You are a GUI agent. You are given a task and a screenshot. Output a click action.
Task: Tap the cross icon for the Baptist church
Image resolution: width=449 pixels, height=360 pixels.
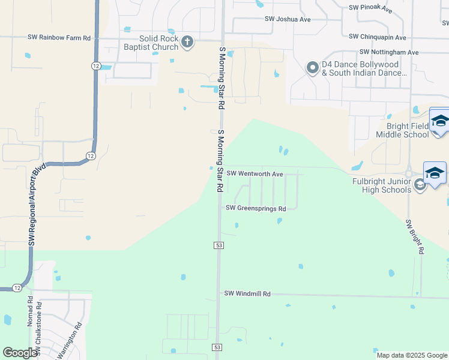coord(187,41)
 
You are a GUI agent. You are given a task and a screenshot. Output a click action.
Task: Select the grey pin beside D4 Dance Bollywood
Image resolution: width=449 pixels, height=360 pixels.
coord(312,68)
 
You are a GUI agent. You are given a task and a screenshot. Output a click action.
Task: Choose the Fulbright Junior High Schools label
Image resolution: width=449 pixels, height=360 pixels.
coord(382,185)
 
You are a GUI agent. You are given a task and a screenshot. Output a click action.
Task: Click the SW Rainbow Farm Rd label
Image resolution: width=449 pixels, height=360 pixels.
coord(59,37)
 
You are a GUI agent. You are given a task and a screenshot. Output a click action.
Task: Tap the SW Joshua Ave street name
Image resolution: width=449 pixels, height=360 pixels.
coord(288,19)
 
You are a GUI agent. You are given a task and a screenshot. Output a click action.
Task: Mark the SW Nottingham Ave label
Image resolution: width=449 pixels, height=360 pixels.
coord(388,52)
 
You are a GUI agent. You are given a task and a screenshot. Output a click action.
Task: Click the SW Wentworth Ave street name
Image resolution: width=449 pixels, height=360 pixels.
coord(255,173)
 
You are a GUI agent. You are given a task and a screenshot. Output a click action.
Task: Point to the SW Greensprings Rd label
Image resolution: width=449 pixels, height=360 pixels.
coord(256,208)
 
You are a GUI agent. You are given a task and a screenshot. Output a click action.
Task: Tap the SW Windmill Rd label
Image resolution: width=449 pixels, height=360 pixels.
coord(247,293)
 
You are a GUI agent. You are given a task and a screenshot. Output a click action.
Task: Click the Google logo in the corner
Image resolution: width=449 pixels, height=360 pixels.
coord(20,353)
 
